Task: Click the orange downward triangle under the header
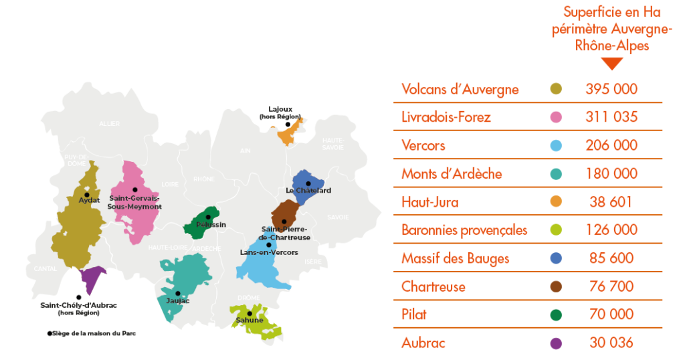pos(611,64)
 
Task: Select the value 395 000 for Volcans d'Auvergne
pos(611,89)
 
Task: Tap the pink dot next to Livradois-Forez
pos(555,117)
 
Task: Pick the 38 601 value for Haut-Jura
pos(611,201)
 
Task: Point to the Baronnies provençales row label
pos(464,230)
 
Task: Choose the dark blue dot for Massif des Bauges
pos(555,258)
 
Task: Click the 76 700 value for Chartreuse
pos(611,286)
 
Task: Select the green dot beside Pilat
pos(555,314)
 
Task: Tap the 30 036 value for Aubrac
pos(611,343)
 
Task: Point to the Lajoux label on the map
pos(280,109)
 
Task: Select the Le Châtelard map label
pos(308,191)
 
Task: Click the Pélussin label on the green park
pos(211,224)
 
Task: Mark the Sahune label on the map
pos(250,320)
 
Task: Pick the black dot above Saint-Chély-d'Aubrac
pos(79,297)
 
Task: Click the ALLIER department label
pos(109,124)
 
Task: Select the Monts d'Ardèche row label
pos(452,174)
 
